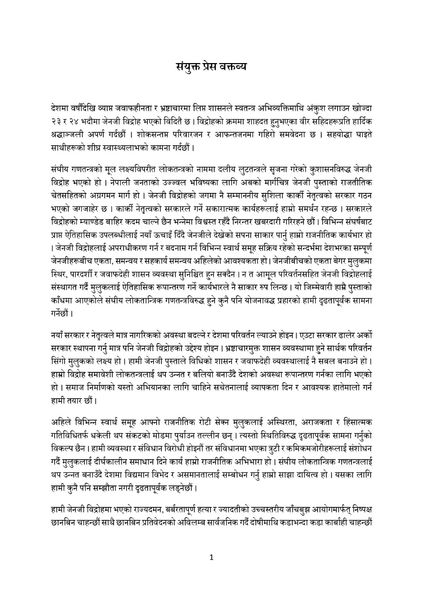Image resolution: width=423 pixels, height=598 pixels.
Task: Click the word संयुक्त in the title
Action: [x=184, y=66]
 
